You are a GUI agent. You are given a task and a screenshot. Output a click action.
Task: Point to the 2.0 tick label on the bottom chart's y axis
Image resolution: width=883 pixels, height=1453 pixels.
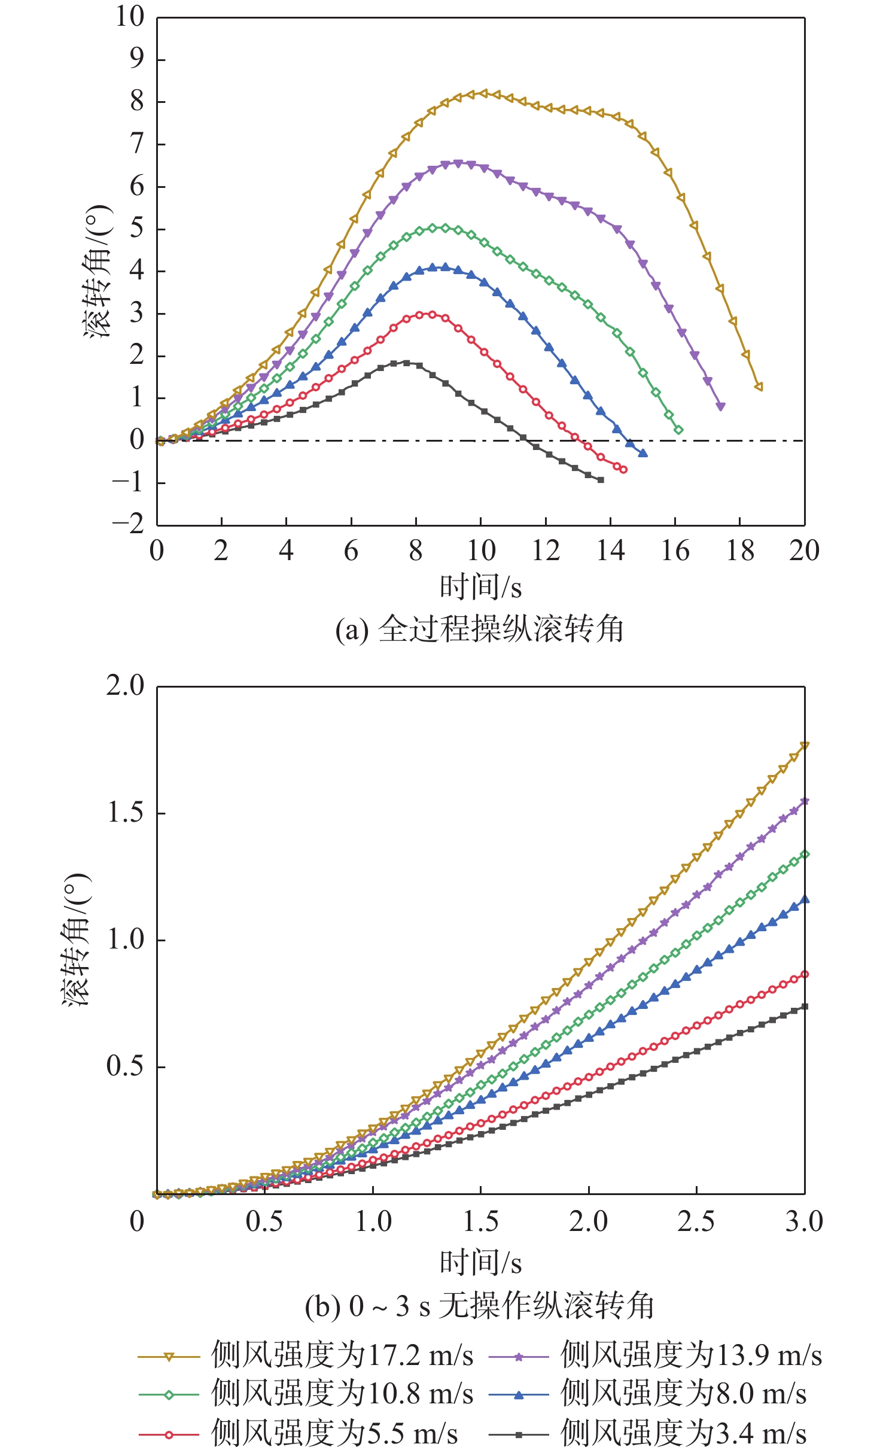tap(126, 685)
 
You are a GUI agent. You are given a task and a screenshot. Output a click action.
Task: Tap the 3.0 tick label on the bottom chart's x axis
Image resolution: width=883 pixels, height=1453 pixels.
tap(804, 1221)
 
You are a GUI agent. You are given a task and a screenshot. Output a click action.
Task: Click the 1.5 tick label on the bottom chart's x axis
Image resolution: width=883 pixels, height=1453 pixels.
tap(480, 1221)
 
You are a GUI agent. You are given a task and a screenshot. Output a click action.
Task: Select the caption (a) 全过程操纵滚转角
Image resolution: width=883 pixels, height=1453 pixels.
tap(479, 630)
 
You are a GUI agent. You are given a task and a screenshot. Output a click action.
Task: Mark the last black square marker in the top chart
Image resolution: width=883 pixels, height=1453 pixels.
tap(601, 480)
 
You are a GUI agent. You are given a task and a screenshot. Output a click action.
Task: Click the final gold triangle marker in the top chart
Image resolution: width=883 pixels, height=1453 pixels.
tap(759, 387)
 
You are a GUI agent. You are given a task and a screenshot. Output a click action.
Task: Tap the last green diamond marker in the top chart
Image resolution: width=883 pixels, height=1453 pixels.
tap(678, 430)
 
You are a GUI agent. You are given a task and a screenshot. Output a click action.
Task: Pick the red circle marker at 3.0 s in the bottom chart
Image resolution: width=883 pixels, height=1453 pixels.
tap(805, 974)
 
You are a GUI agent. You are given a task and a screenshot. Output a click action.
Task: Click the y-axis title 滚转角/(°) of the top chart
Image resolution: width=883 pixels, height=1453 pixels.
tap(98, 271)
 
